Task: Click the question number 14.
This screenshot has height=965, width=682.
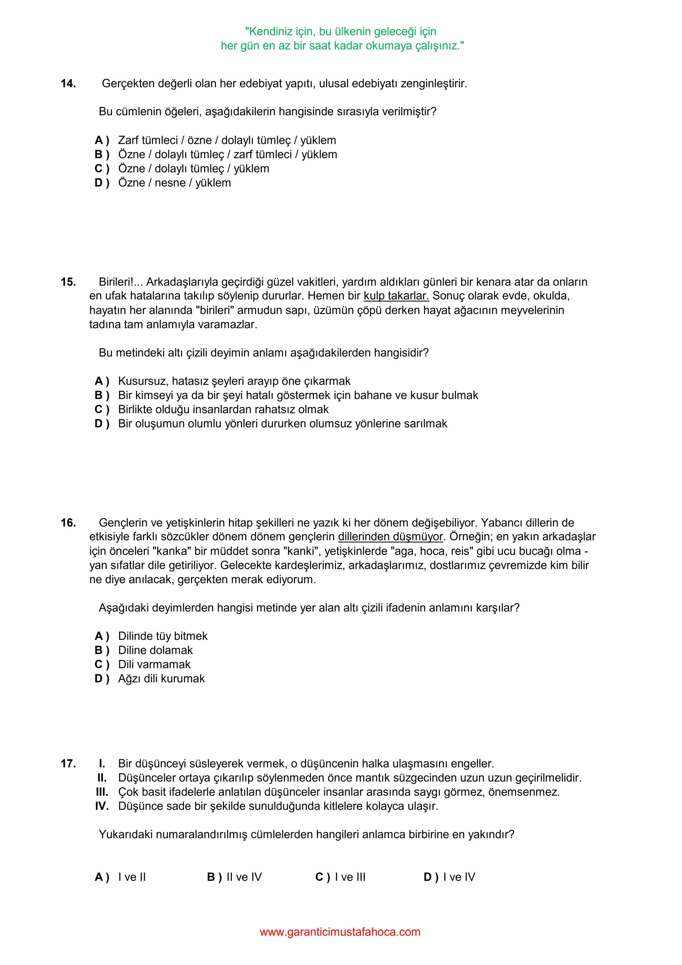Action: tap(68, 84)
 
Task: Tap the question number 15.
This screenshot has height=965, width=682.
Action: tap(68, 282)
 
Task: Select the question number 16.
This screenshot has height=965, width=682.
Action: tap(68, 523)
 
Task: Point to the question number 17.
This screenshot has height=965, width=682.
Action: tap(68, 764)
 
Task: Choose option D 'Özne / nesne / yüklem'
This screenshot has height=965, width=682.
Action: tap(174, 183)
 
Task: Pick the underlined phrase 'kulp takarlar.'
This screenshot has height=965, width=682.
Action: tap(396, 296)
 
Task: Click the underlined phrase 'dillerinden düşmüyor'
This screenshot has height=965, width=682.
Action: tap(390, 537)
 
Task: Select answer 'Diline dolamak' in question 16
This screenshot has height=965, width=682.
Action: tap(155, 650)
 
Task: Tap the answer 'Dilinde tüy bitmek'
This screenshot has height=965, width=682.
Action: tap(162, 636)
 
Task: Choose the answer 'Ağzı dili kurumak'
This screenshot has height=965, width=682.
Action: tap(161, 678)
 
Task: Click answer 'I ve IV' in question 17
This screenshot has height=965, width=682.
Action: tap(459, 877)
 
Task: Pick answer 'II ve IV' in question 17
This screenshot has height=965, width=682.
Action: tap(244, 877)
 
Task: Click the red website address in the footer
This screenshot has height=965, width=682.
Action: tap(340, 932)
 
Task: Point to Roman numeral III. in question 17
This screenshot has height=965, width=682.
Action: tap(102, 792)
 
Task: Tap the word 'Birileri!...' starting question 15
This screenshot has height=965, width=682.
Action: tap(121, 282)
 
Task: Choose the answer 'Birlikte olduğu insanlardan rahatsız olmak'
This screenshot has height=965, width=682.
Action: tap(223, 410)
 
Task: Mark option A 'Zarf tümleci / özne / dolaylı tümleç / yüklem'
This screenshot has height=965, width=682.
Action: tap(227, 140)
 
